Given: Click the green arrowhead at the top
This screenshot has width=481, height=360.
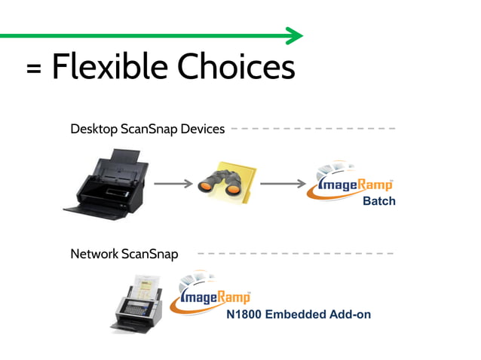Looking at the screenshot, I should (x=295, y=35).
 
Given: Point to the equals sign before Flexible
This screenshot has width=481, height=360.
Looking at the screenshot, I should (x=33, y=70).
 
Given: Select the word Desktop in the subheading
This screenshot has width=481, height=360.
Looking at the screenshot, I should (x=93, y=129).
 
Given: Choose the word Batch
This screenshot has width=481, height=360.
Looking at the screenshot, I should (x=378, y=201).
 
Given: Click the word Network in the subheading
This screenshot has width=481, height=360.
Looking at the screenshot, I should (x=94, y=254).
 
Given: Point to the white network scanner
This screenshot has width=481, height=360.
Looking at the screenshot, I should (x=139, y=304).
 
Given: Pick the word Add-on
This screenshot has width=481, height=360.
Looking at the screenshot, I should (x=348, y=314).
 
